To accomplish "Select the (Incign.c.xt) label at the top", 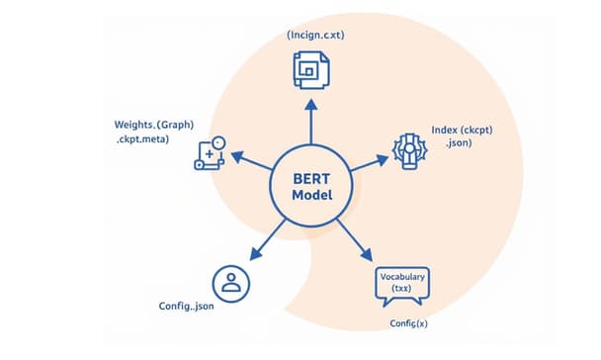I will pos(316,35).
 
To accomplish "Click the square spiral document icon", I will pos(309,69).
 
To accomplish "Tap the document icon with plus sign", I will pos(210,154).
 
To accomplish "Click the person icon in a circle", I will pos(231,282).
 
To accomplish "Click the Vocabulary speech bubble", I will pos(402,288).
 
